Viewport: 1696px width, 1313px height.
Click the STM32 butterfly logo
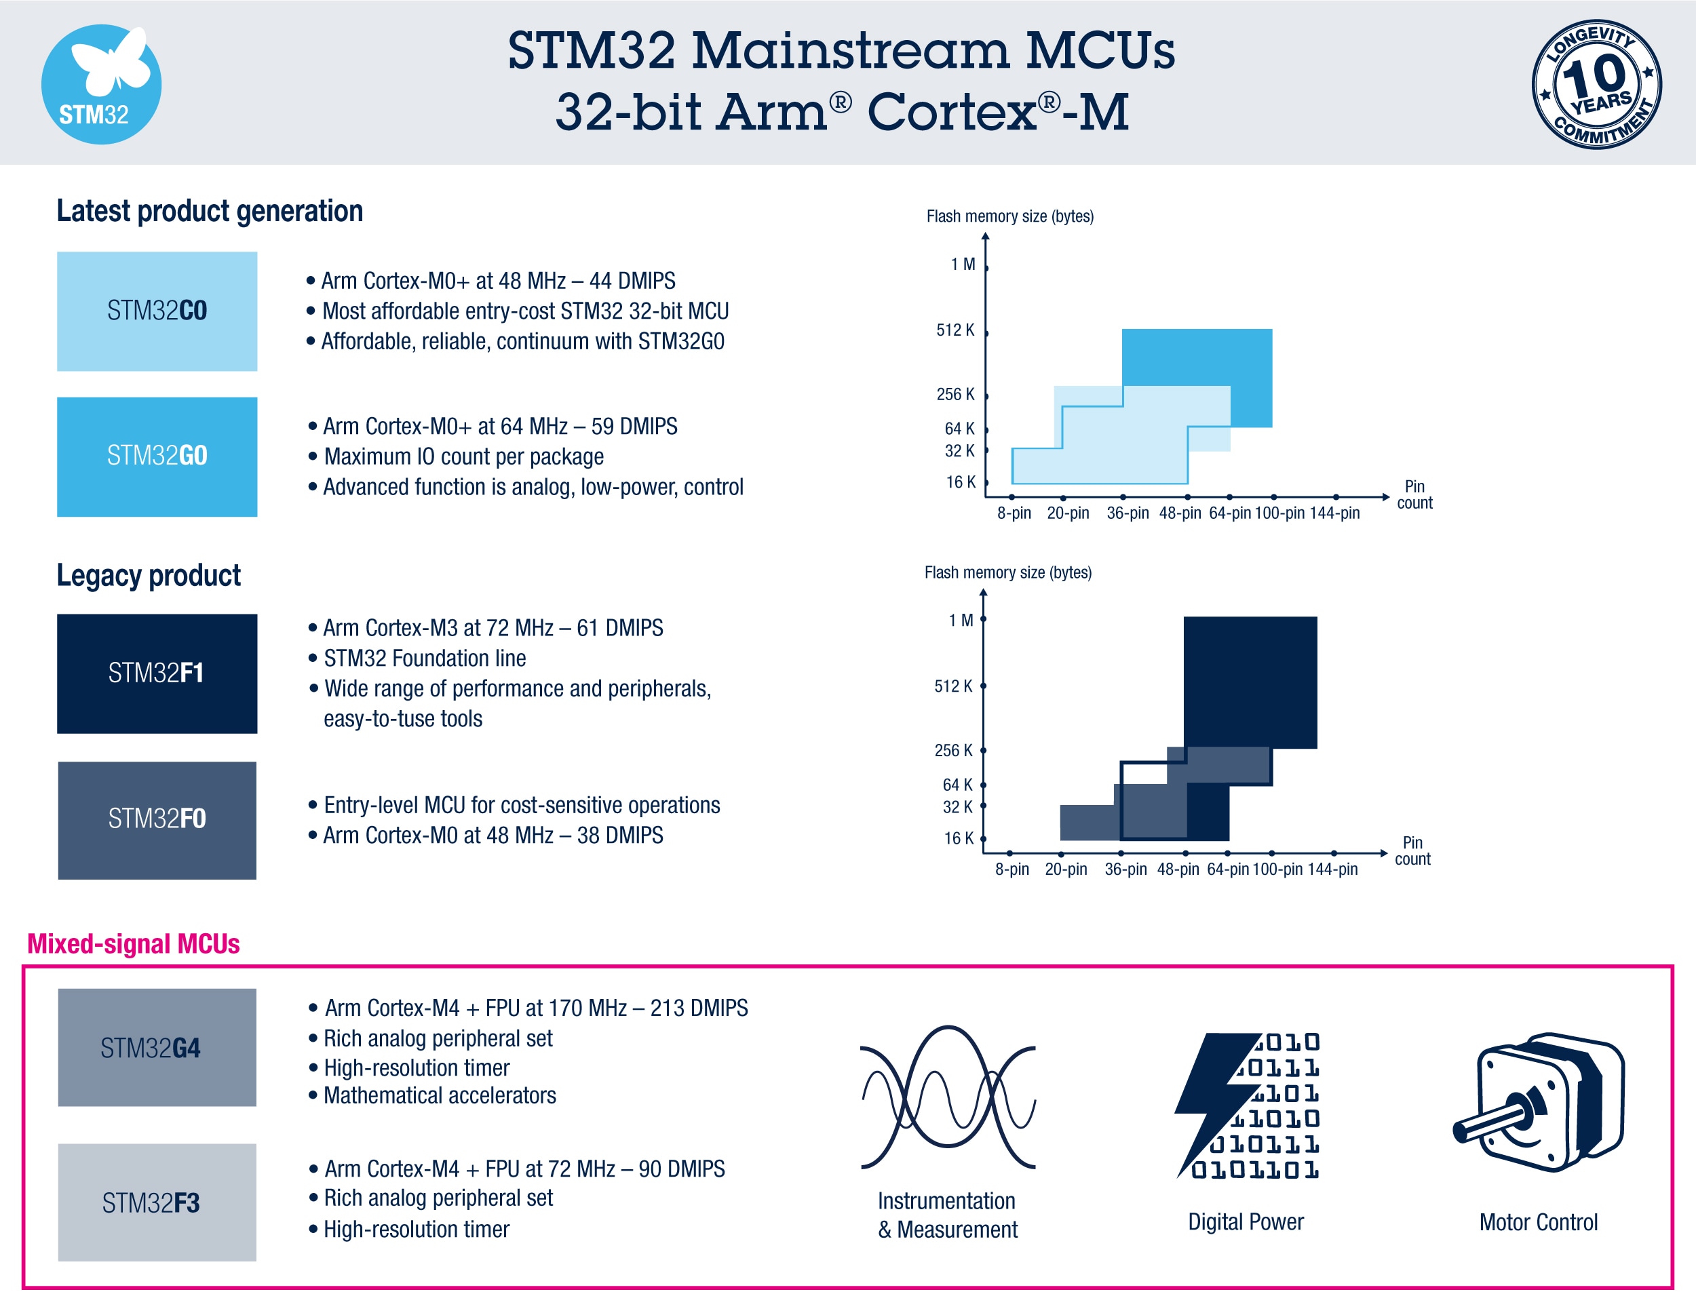coord(101,84)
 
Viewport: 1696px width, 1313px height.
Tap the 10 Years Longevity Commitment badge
coord(1596,84)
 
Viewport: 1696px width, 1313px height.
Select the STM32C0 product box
coord(157,311)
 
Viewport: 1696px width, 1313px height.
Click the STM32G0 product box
coord(157,456)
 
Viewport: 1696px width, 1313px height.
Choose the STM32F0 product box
coord(157,820)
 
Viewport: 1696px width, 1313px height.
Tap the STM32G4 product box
coord(157,1046)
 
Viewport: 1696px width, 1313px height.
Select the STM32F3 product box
coord(157,1202)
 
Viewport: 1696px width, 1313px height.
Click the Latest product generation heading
coord(210,211)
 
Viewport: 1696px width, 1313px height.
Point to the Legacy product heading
coord(149,575)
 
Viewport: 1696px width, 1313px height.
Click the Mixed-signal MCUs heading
coord(134,943)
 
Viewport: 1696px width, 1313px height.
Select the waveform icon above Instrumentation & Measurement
coord(948,1097)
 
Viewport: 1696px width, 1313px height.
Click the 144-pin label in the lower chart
coord(1332,869)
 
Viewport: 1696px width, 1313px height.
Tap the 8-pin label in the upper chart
coord(1014,513)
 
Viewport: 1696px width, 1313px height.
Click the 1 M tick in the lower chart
coord(983,619)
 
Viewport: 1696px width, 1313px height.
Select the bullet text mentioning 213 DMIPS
coord(536,1008)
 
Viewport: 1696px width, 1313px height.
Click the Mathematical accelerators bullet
coord(440,1095)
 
